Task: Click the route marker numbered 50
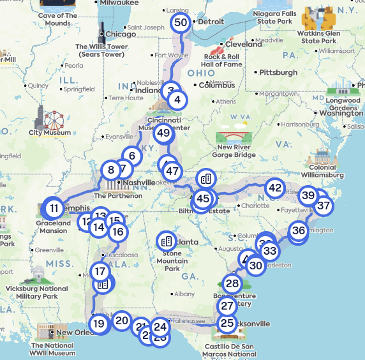click(181, 23)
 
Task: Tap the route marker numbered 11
click(54, 207)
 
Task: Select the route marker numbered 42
click(275, 188)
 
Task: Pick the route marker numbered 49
click(164, 133)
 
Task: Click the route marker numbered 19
click(98, 323)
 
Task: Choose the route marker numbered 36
click(299, 230)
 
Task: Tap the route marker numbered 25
click(227, 323)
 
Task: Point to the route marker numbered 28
click(232, 283)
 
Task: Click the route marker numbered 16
click(117, 231)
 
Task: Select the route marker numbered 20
click(122, 321)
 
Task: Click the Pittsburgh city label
click(278, 73)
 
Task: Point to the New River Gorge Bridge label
click(235, 151)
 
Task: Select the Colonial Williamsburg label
click(322, 171)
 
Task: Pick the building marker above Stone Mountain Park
click(167, 241)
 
